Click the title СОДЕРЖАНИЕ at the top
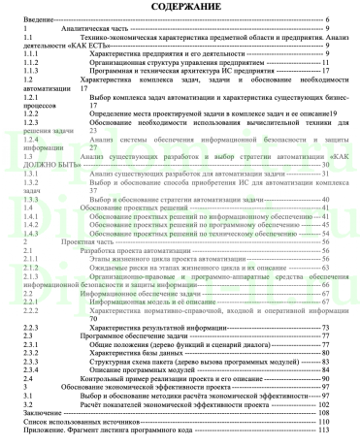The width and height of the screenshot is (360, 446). tap(180, 7)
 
